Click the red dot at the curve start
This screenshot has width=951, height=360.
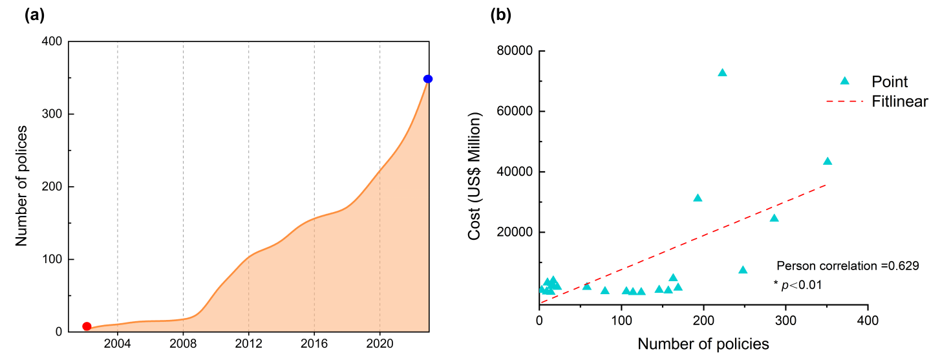click(87, 326)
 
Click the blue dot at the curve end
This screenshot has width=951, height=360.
click(428, 79)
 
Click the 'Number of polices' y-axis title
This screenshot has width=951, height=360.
click(21, 186)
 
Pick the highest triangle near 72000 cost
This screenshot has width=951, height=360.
click(722, 72)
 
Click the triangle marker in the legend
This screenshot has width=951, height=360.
click(844, 81)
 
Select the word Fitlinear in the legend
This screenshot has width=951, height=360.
click(900, 101)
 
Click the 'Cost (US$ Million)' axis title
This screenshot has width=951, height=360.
click(476, 176)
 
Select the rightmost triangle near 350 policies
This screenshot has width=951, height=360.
click(828, 161)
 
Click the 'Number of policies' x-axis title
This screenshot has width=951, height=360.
click(703, 343)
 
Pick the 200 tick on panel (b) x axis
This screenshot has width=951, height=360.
click(703, 321)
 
